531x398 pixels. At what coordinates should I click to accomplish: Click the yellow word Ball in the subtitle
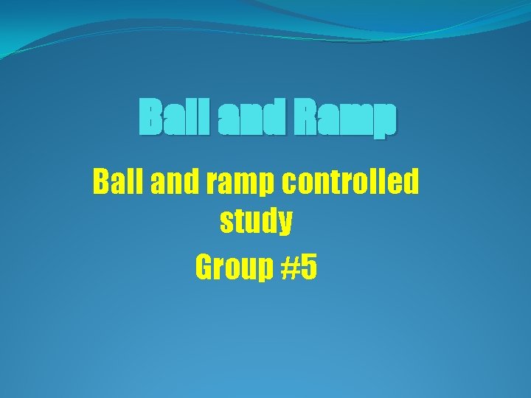[x=117, y=182]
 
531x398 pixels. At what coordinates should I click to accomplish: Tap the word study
[x=256, y=223]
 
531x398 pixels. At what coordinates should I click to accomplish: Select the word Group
[x=234, y=268]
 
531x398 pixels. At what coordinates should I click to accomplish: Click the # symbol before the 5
[x=289, y=268]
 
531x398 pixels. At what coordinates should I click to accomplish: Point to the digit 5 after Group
[x=308, y=268]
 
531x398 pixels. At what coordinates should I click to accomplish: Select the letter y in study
[x=284, y=226]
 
